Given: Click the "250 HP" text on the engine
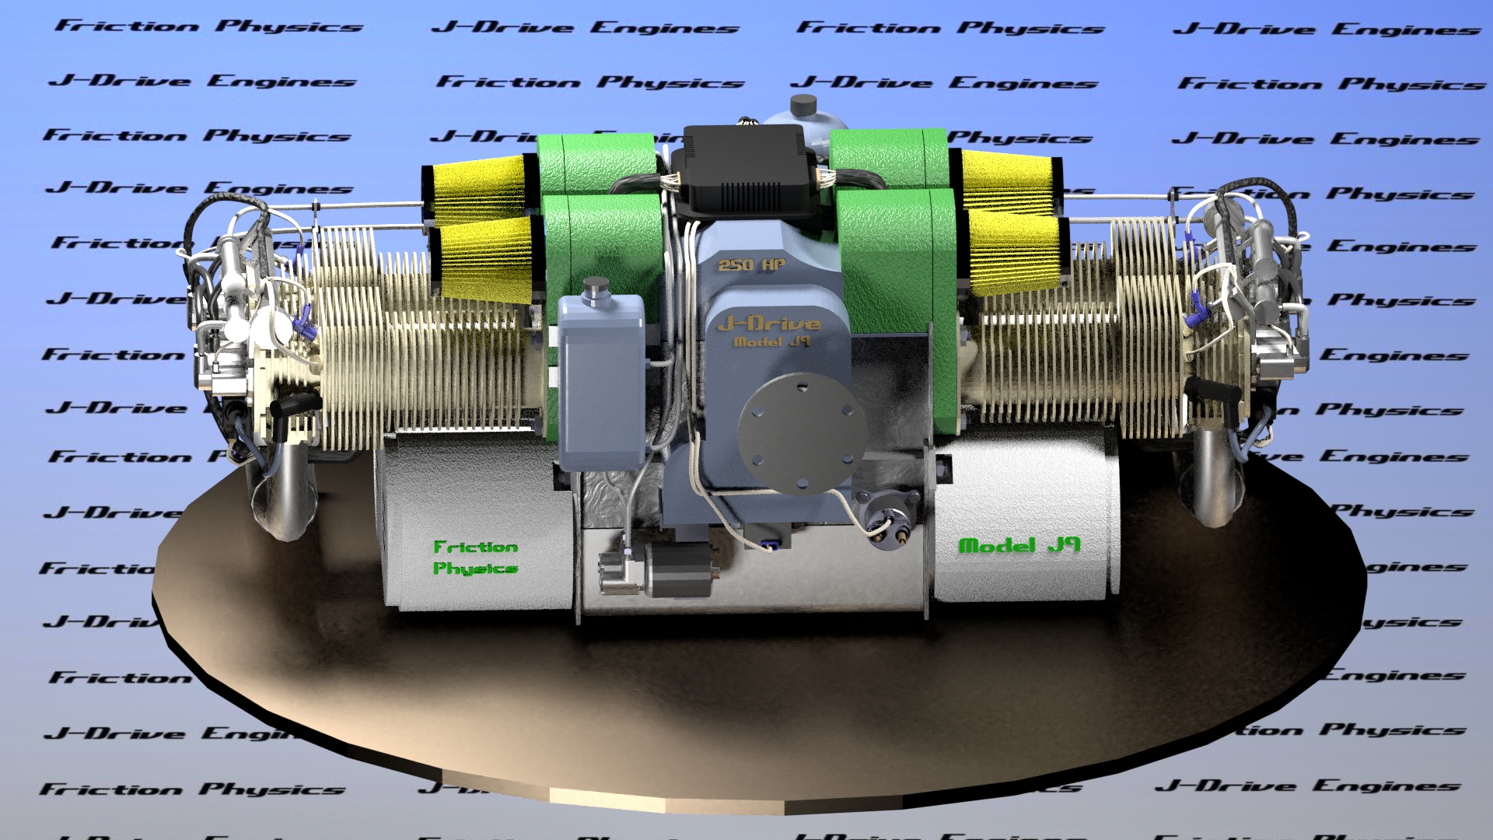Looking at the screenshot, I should point(751,264).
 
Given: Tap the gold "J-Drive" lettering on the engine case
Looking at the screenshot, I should point(768,323).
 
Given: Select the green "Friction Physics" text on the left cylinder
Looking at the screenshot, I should point(475,557).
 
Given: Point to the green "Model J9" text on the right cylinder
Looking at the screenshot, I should point(1019,545).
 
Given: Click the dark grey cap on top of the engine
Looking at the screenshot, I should point(803,105).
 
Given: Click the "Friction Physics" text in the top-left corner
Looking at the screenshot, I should point(208,26).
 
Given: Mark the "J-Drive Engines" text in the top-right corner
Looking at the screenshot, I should point(1327,30).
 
